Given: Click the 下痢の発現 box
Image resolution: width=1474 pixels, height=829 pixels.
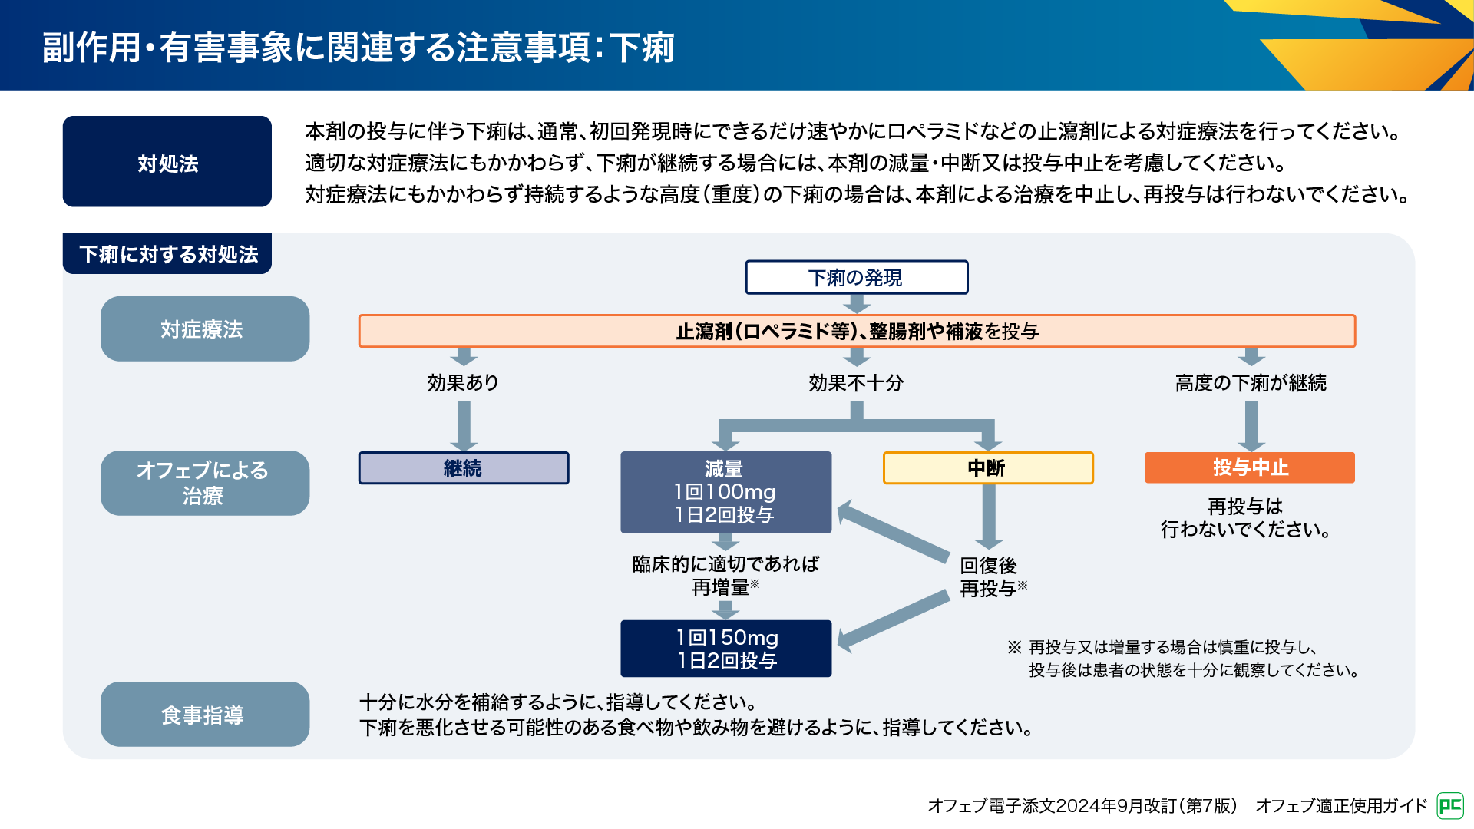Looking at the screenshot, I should (856, 277).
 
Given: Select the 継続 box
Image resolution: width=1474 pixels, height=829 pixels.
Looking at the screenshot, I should (464, 467).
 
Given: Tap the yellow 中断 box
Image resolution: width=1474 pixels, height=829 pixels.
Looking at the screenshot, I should (988, 467).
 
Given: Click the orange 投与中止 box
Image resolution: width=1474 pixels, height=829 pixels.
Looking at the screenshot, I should (1250, 467).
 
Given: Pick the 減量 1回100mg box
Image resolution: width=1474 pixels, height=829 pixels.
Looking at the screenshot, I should (725, 492).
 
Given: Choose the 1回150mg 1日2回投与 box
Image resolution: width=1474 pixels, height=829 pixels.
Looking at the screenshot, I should (725, 649).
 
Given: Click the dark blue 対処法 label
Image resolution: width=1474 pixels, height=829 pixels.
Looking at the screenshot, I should (167, 162).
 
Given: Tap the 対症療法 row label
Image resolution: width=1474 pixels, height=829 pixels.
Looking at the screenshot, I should (204, 329).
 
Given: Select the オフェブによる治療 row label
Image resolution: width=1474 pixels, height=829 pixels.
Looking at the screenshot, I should (204, 483).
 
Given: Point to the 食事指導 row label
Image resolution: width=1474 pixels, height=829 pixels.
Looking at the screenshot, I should (204, 715).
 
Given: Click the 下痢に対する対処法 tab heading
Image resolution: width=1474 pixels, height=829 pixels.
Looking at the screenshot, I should (167, 254).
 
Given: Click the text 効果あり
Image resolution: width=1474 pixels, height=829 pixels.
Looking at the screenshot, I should (463, 382).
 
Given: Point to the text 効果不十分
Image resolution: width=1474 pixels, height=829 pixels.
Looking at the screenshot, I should (856, 382).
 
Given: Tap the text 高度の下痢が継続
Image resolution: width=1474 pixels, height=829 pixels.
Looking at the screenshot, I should (1251, 382).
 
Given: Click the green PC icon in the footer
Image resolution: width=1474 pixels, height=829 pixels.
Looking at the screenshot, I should (1450, 805).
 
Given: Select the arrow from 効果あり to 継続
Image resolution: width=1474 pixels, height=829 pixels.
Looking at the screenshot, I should (464, 424).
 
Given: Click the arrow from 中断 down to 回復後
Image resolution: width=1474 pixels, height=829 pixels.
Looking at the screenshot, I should (989, 516).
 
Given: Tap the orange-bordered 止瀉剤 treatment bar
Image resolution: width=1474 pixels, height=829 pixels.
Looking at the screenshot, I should (857, 331).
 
